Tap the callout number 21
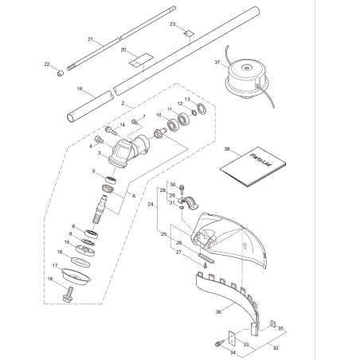point(90,39)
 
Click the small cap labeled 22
point(58,72)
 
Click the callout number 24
point(151,203)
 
